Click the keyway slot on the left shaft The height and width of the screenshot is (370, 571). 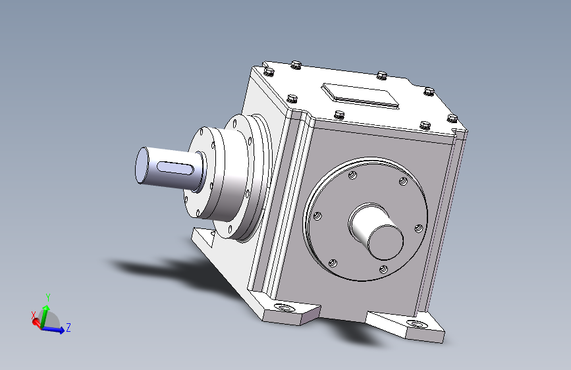point(175,168)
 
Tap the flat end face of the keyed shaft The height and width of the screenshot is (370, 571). point(142,165)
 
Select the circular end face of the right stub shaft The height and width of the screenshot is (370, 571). point(386,242)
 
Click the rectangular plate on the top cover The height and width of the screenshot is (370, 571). point(360,95)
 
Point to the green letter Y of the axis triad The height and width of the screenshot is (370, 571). point(47,298)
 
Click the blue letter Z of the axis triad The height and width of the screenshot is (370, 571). point(68,327)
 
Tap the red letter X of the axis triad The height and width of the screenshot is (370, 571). point(34,315)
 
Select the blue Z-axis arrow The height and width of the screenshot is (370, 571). point(53,329)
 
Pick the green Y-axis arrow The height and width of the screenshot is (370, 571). point(44,316)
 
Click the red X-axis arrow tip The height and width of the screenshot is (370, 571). point(36,322)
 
